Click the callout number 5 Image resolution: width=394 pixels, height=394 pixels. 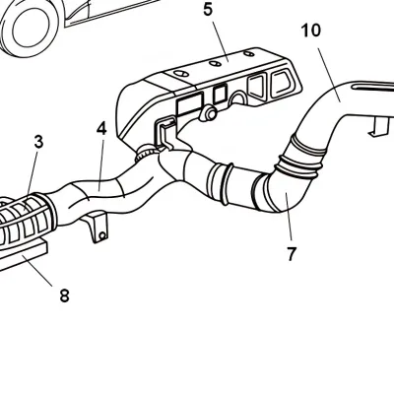tap(208, 11)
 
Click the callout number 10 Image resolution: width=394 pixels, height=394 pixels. tap(310, 31)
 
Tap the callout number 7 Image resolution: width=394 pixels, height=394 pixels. tap(292, 253)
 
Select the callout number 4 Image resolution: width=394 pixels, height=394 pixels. tap(101, 128)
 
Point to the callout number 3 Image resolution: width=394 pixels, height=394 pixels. tap(38, 142)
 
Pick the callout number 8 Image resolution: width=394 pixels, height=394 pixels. tap(64, 295)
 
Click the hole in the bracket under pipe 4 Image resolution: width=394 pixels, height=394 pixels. tap(97, 232)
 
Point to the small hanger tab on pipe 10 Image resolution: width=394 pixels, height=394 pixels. tap(377, 125)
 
